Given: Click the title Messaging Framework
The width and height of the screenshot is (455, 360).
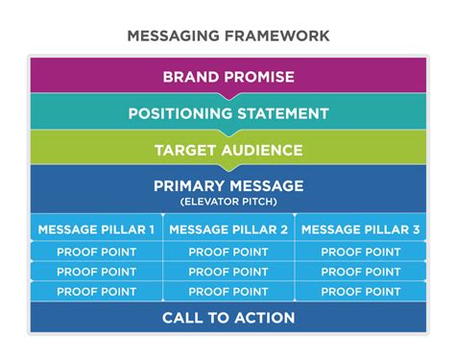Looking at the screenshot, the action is coord(228,36).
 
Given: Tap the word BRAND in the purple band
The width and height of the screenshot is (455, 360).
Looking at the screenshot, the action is coord(191,77).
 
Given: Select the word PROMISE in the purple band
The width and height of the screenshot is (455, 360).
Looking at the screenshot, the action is coord(259,77).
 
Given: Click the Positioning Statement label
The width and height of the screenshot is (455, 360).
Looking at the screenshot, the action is coord(228,113).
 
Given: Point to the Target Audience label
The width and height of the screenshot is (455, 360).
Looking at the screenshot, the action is coord(228,150).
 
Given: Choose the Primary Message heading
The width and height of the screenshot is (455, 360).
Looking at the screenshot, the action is coord(228,186).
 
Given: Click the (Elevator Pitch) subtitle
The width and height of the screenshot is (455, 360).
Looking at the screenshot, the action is coord(228,202).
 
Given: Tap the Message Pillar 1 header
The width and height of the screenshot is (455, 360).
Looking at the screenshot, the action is coord(96,229).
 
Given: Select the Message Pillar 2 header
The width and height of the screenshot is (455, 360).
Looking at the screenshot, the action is coord(228,229).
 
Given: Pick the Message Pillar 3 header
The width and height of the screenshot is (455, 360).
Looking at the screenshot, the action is coord(361,229).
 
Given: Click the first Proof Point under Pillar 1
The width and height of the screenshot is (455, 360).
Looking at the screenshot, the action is coord(97,252).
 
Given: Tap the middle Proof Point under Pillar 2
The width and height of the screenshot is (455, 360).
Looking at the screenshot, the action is coord(228,272).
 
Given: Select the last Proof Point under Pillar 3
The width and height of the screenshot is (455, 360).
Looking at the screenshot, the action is coord(361,292).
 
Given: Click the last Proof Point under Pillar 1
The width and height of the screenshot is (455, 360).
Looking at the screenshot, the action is coord(97,292).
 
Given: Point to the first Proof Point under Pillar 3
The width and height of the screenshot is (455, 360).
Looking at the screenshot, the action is coord(361,252).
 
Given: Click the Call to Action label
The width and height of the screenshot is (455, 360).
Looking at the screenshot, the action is coord(228,318).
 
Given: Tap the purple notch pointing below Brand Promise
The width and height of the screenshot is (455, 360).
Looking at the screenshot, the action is coord(228,96).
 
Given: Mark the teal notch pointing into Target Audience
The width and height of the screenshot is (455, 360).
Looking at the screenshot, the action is coord(228,132).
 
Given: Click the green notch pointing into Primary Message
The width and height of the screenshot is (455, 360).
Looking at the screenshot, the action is coord(228,168).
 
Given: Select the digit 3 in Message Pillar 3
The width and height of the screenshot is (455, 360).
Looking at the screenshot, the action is coord(416,229).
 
